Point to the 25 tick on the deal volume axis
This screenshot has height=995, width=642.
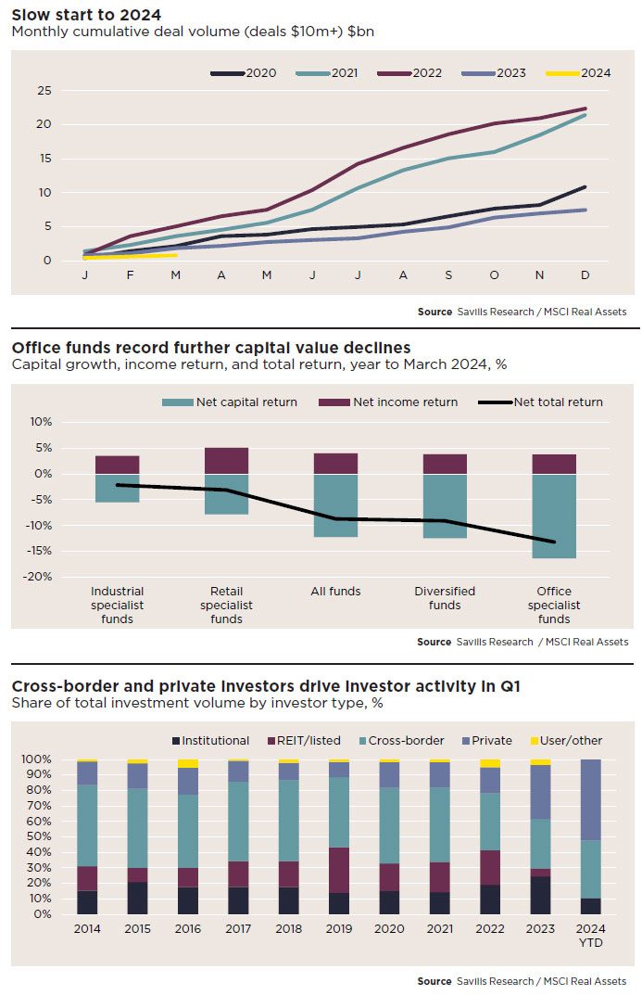click(x=44, y=90)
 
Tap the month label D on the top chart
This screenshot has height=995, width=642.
click(x=585, y=275)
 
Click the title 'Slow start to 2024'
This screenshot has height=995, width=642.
click(x=86, y=14)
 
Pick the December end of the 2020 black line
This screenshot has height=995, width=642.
click(x=585, y=187)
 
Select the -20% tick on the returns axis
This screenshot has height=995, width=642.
click(x=40, y=577)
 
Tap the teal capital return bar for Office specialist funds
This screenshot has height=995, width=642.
click(x=554, y=516)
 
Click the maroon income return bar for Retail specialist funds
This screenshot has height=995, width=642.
click(x=226, y=461)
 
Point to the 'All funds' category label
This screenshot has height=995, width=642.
click(x=335, y=591)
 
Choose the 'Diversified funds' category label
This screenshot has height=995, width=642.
click(x=445, y=598)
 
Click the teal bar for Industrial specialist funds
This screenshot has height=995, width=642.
click(x=118, y=488)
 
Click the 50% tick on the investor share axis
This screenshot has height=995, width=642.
click(x=37, y=836)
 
